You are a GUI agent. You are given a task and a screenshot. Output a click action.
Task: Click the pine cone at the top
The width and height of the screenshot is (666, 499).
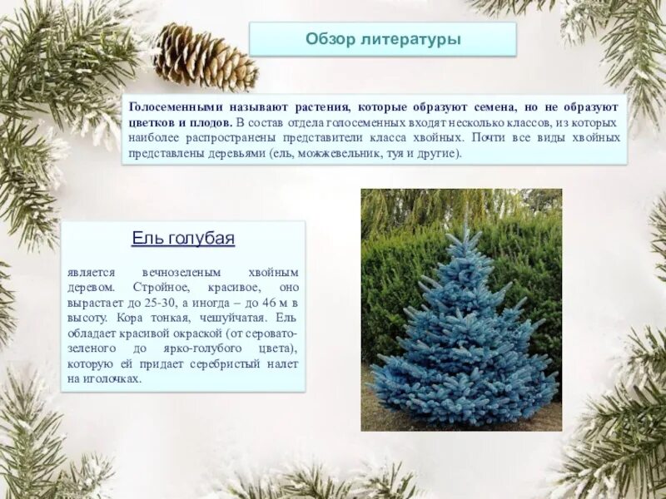[205, 56]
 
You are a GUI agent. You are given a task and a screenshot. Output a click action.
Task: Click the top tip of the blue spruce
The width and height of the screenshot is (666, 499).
[464, 225]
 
